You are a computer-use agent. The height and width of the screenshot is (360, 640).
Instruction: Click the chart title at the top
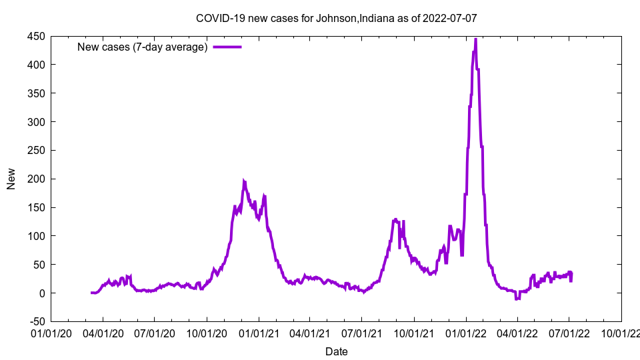[336, 19]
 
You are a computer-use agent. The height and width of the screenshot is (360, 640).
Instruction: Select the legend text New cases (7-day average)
[143, 47]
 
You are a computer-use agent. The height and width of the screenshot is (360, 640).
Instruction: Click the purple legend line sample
[227, 47]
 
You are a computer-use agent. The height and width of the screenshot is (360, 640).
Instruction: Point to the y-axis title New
[11, 179]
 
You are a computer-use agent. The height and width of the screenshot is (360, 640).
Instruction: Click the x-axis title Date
[336, 351]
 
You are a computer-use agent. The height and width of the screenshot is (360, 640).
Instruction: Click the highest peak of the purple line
[475, 39]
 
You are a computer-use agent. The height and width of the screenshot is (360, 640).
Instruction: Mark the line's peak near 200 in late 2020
[244, 181]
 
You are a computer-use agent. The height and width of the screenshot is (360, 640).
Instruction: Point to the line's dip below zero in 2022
[517, 299]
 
